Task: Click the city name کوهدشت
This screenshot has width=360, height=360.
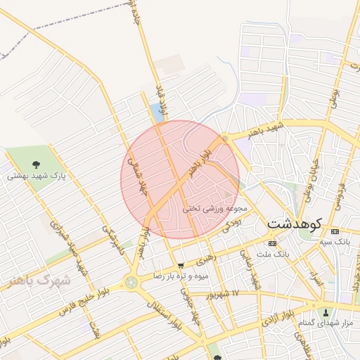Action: [x=294, y=224]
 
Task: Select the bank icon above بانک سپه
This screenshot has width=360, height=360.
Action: [x=333, y=231]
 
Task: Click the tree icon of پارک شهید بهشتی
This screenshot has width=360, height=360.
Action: [x=37, y=164]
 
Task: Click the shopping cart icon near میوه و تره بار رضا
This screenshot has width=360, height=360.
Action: [x=181, y=266]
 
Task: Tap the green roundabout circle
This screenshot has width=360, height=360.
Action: [x=130, y=282]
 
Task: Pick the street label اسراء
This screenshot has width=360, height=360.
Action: [x=316, y=278]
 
